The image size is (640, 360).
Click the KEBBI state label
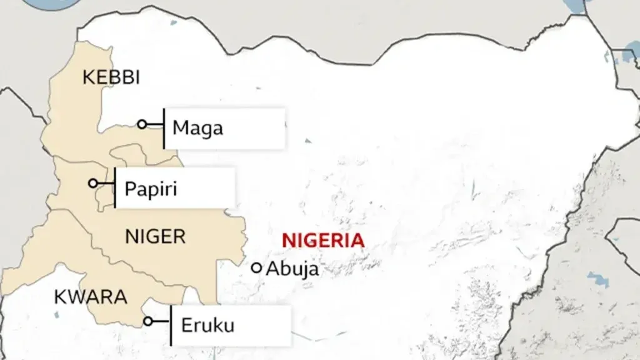tap(111, 78)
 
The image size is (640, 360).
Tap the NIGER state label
tap(155, 237)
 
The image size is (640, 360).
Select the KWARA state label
tap(91, 297)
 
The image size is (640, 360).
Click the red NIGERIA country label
tap(322, 240)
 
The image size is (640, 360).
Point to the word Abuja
tap(292, 269)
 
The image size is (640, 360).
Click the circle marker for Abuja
tap(256, 268)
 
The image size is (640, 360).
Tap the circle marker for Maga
tap(142, 124)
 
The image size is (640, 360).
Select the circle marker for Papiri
tap(93, 183)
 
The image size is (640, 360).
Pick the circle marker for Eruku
tap(148, 321)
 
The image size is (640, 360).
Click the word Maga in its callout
tap(197, 129)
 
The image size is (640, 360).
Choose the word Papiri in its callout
tap(151, 188)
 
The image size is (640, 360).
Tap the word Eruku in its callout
tap(207, 326)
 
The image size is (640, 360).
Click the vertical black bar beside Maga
tap(164, 128)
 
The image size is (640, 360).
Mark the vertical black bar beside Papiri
tap(115, 187)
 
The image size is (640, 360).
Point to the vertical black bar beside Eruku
tap(171, 325)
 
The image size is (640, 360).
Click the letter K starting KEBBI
tap(87, 78)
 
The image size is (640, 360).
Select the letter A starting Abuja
tap(272, 269)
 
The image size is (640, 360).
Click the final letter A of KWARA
tap(121, 297)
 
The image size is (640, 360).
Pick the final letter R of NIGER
tap(179, 237)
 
